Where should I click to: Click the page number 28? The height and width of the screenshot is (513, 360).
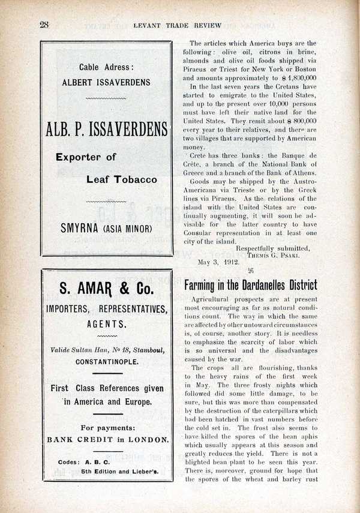44,25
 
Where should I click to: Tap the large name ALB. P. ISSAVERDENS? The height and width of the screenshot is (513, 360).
106,129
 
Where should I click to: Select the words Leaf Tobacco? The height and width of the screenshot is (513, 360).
121,179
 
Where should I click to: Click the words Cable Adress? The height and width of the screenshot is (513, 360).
106,68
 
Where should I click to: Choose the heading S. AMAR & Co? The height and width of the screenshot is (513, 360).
107,289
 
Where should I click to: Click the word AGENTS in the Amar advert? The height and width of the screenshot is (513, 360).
107,324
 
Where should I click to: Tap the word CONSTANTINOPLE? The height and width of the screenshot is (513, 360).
107,362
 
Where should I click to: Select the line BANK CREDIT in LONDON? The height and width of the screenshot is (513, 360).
107,439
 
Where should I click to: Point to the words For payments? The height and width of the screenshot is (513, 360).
107,428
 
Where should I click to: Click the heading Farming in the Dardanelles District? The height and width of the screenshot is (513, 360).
250,285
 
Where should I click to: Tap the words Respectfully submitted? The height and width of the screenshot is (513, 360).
273,247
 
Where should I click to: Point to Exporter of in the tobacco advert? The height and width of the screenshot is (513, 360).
86,157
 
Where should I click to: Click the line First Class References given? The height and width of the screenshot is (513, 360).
107,389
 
